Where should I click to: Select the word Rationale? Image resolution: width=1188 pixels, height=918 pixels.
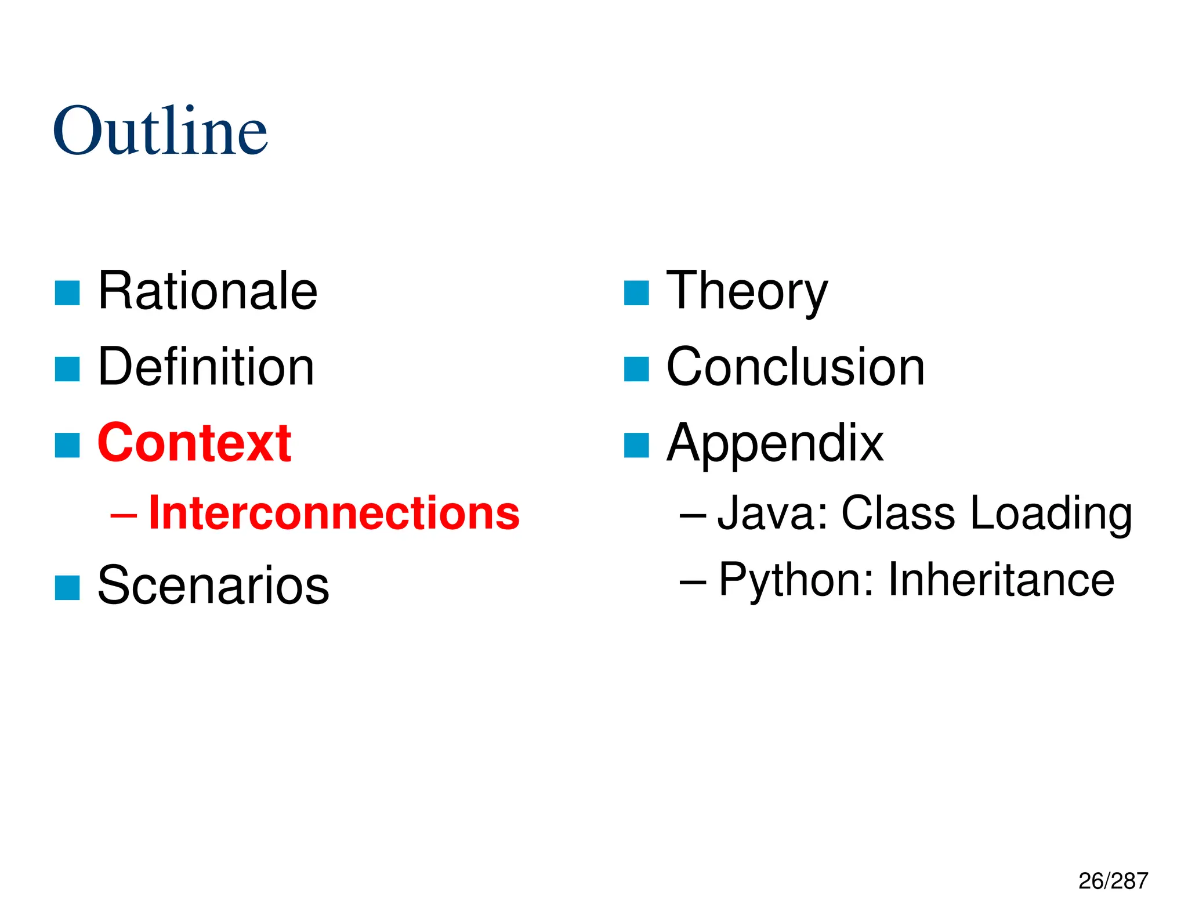coord(208,291)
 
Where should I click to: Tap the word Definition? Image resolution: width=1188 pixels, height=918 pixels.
coord(206,367)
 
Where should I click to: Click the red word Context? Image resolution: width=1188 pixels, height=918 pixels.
coord(194,443)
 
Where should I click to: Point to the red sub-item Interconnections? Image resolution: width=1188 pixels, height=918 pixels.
coord(334,513)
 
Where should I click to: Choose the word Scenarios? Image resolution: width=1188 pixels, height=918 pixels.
coord(213,585)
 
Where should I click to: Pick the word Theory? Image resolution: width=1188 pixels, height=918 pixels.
coord(747,292)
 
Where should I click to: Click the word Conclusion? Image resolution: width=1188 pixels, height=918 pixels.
coord(795,367)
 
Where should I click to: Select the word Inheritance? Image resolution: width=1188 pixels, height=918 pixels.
coord(1001,580)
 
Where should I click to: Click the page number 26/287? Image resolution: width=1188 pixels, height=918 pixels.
coord(1113,881)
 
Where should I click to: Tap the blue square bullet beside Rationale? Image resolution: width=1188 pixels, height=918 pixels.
coord(67,293)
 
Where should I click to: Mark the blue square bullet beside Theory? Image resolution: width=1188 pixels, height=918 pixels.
coord(636,293)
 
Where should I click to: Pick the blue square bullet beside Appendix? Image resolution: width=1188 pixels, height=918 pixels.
coord(636,446)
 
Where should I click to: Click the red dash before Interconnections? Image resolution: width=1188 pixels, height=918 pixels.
coord(124,514)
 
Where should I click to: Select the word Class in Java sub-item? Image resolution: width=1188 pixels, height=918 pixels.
coord(898,513)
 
